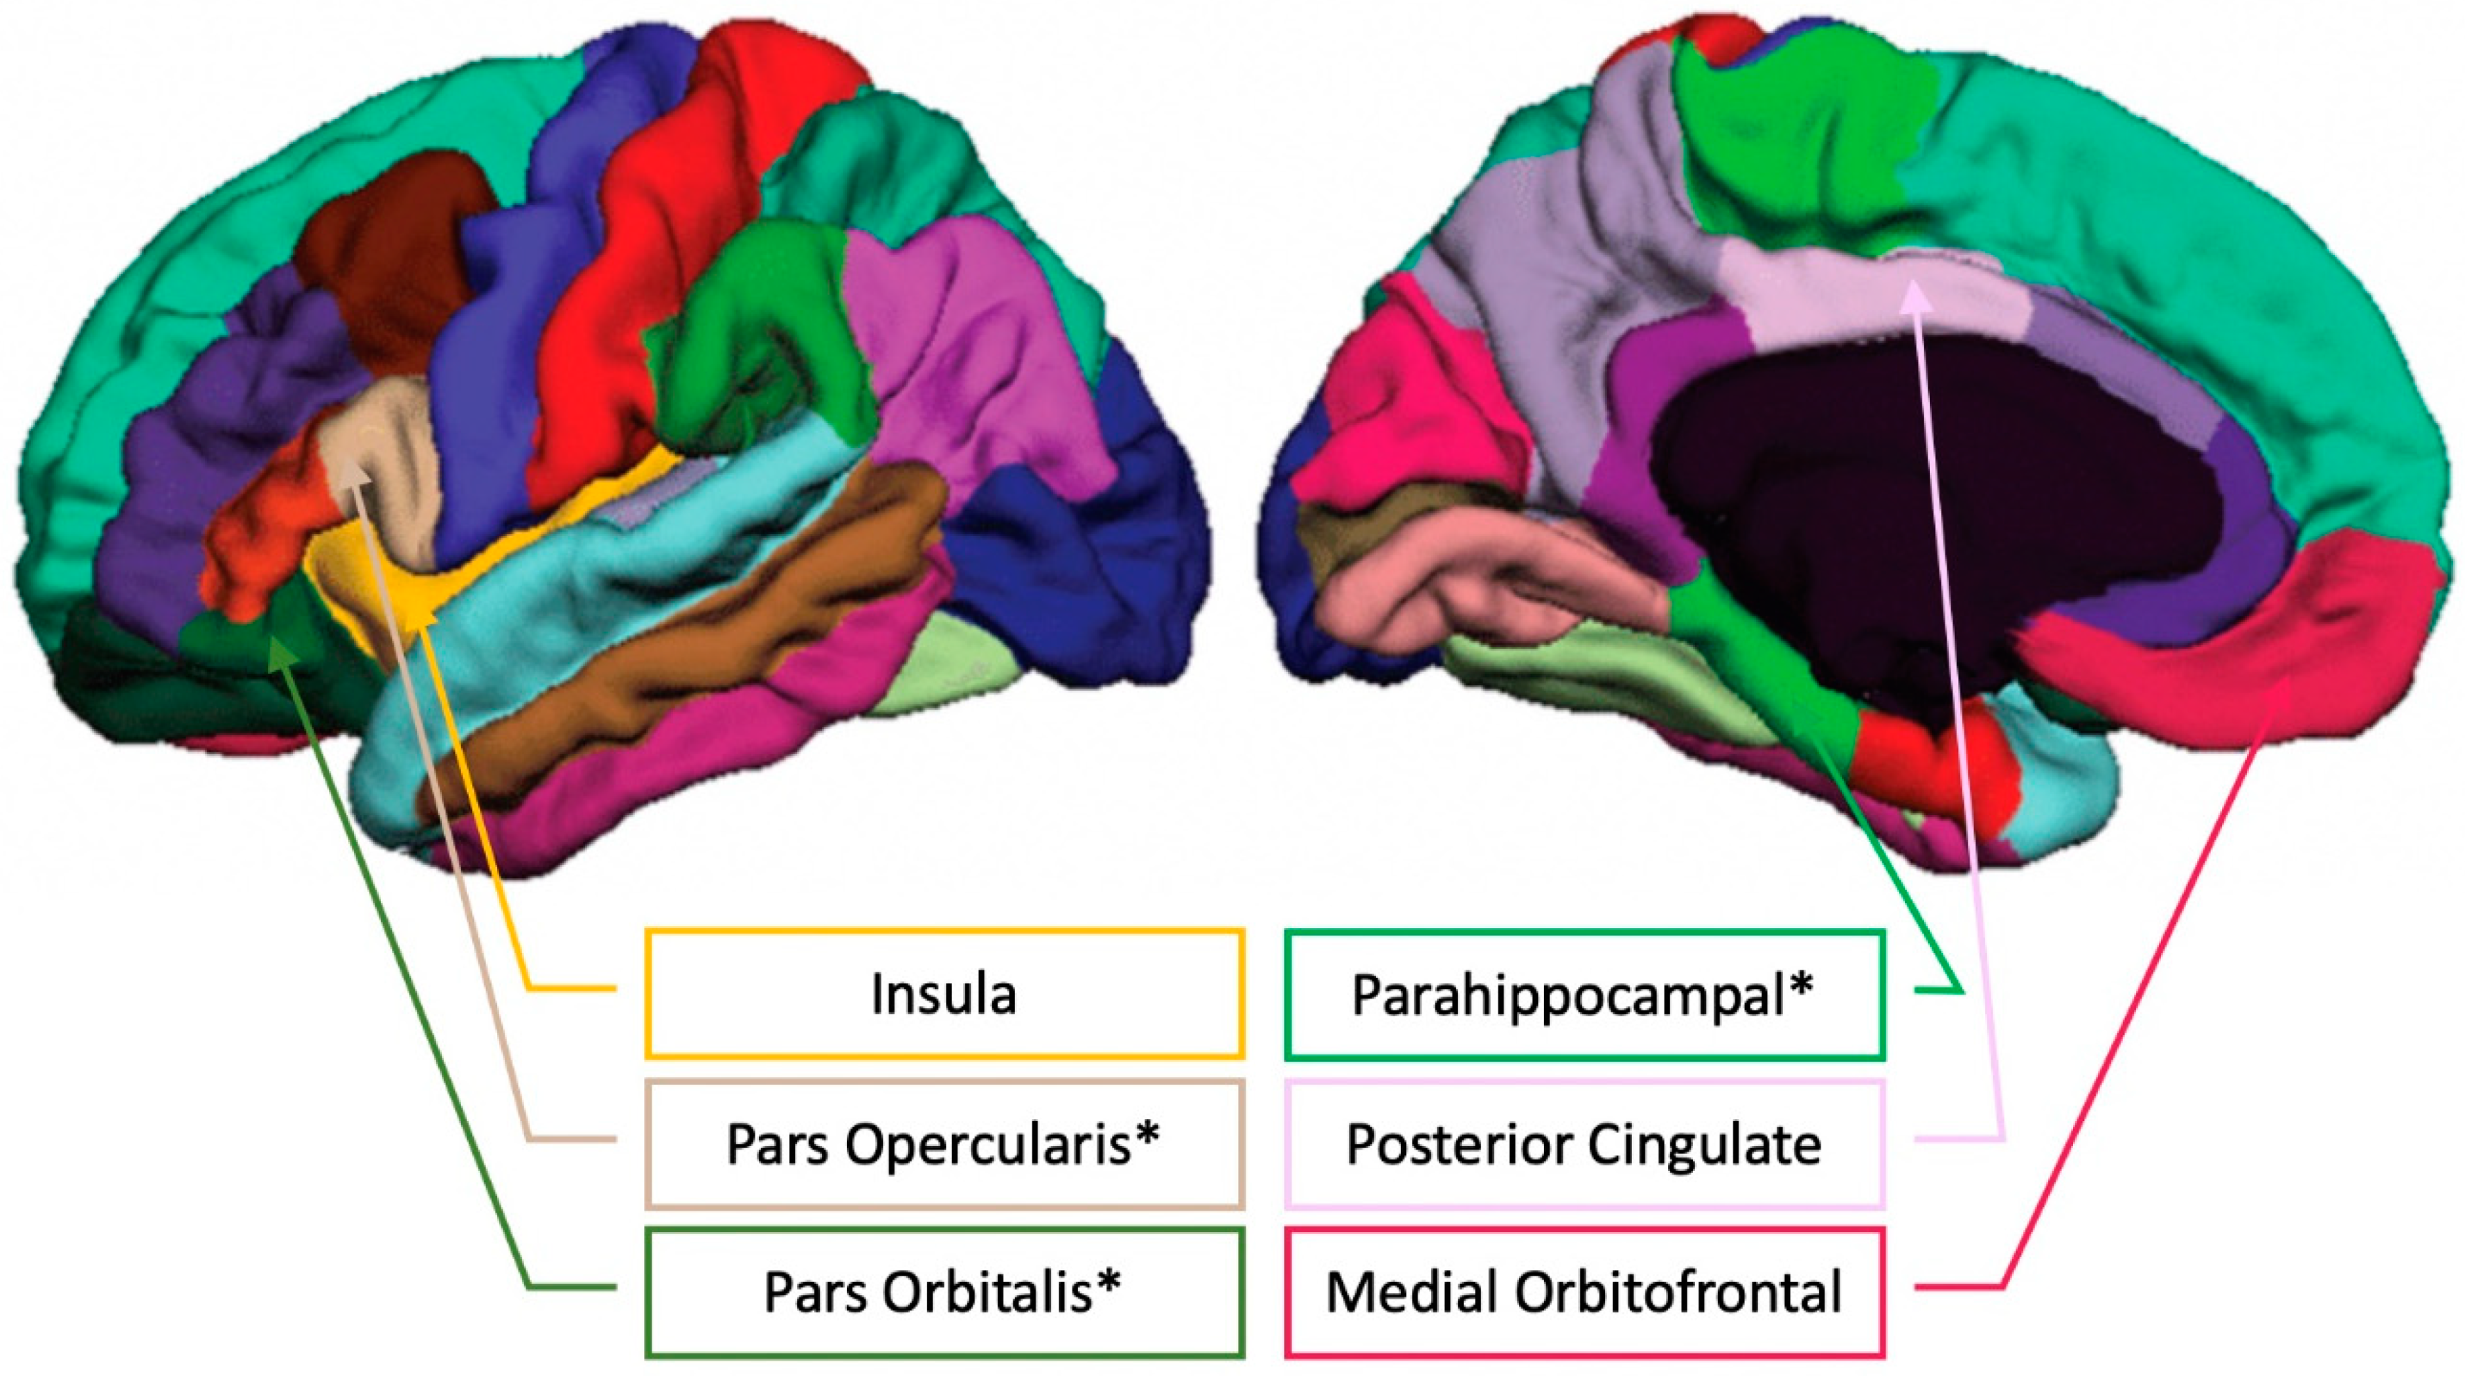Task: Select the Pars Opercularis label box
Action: [944, 1143]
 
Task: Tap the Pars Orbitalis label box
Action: [944, 1292]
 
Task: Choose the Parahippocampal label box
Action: [1584, 994]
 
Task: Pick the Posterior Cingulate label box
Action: [1584, 1143]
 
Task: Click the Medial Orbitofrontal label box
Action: [1584, 1292]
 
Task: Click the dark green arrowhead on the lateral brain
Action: [280, 652]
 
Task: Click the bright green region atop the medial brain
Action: [1789, 143]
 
